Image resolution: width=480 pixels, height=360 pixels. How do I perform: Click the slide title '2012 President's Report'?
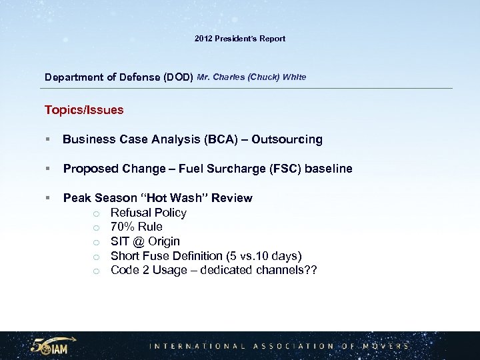(x=240, y=39)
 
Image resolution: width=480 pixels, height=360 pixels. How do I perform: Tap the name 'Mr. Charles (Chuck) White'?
(x=252, y=77)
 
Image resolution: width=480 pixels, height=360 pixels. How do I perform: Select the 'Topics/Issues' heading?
(x=84, y=110)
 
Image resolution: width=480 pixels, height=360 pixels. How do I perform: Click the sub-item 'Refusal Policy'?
(x=149, y=213)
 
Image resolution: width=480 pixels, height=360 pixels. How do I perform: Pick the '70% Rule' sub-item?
(x=137, y=227)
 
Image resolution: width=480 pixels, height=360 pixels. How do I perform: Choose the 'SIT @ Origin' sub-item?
(x=145, y=241)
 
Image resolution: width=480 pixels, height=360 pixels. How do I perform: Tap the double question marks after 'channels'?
(x=311, y=270)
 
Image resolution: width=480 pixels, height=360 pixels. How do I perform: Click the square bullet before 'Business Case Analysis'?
(x=48, y=140)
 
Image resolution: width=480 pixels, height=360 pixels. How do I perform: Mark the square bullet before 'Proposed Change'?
(x=48, y=169)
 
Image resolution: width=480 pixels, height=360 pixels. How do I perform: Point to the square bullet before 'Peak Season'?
(x=48, y=199)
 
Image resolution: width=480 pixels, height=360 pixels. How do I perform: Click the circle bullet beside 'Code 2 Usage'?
(x=97, y=271)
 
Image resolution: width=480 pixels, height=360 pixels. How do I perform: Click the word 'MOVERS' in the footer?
(x=385, y=346)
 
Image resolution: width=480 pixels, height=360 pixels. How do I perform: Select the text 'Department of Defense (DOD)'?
(x=119, y=77)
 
